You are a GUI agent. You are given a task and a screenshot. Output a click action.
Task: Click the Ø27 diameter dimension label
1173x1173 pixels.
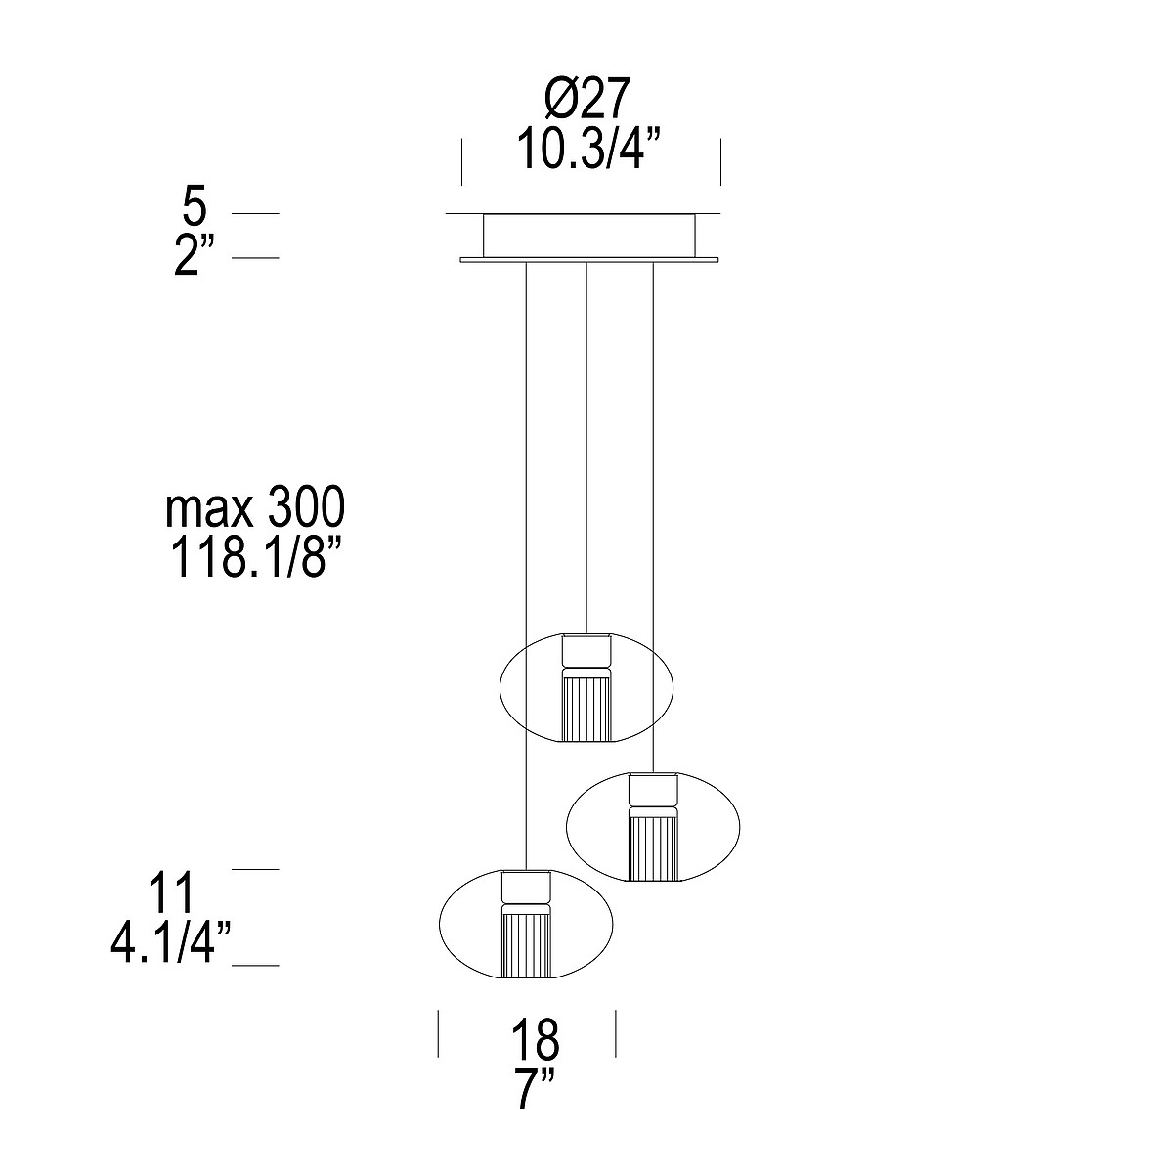(x=585, y=100)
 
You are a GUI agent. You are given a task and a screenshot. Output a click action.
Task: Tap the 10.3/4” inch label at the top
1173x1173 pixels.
(x=588, y=149)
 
